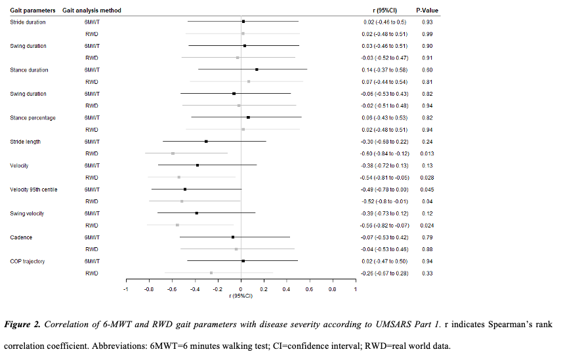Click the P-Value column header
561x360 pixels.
[427, 10]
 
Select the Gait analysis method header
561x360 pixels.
[92, 10]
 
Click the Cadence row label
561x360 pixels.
[21, 237]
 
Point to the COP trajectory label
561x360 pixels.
[28, 261]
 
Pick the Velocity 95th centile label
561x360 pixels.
[33, 189]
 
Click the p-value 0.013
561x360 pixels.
[427, 153]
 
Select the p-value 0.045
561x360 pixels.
[427, 189]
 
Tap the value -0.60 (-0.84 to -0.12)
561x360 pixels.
[384, 153]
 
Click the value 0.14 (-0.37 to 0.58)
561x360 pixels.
[384, 70]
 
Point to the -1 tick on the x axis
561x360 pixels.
[126, 289]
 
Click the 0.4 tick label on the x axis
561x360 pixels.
[287, 289]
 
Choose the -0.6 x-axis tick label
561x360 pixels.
[172, 289]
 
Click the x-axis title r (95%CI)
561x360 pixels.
[241, 296]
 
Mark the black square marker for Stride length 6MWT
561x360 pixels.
[206, 141]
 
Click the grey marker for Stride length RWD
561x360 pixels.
[173, 153]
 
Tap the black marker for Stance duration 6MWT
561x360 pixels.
[257, 70]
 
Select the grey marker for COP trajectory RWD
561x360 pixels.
[211, 273]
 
